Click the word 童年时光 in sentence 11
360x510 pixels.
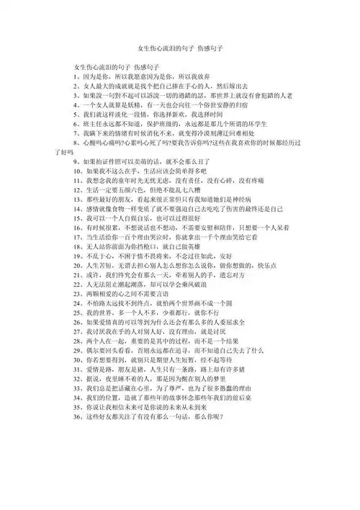click(132, 183)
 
